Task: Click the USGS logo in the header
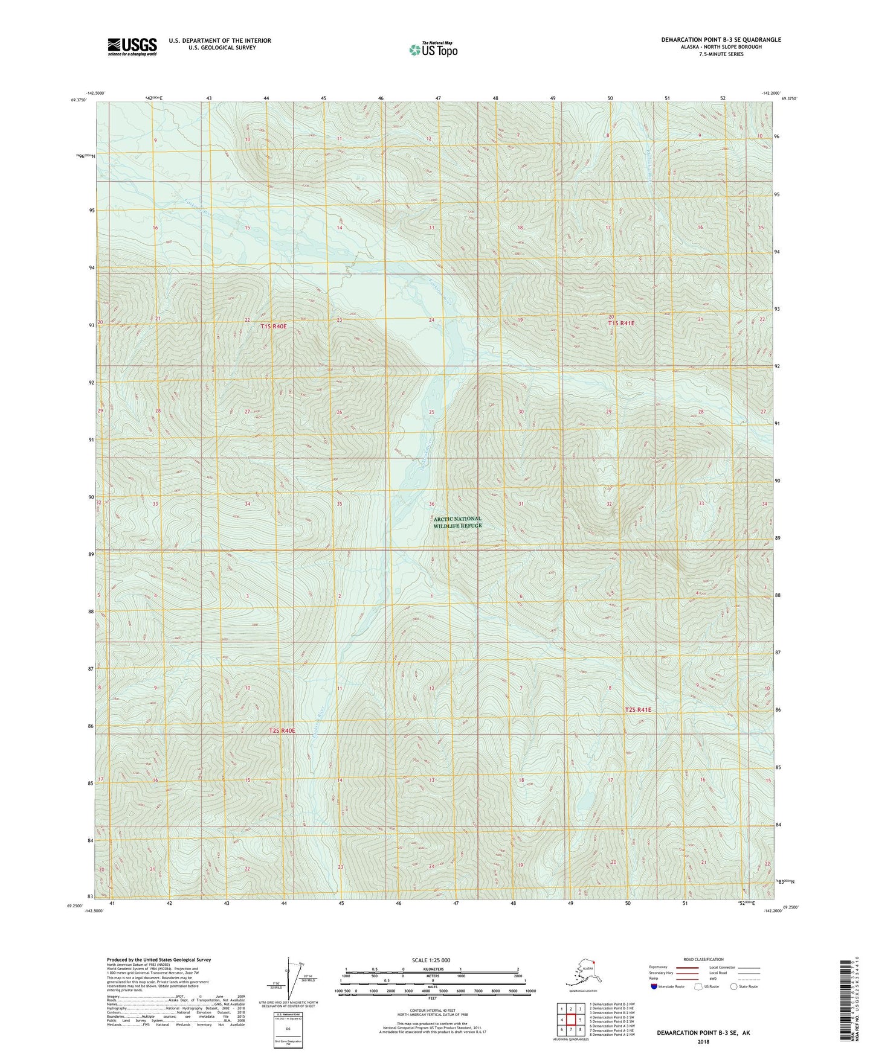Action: [132, 46]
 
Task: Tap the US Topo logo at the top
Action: [433, 49]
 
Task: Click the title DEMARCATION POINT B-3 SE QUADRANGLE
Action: [720, 40]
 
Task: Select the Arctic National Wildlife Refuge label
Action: [457, 522]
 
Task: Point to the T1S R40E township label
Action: [273, 326]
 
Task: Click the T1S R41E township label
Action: [621, 323]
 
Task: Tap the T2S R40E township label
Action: [282, 730]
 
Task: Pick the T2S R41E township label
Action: [638, 710]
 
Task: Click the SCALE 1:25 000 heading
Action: [431, 960]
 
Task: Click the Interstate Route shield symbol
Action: [654, 986]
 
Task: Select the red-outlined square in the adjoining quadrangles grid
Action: [570, 1020]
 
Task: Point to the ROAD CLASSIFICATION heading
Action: [703, 959]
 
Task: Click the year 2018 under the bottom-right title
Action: [703, 1041]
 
